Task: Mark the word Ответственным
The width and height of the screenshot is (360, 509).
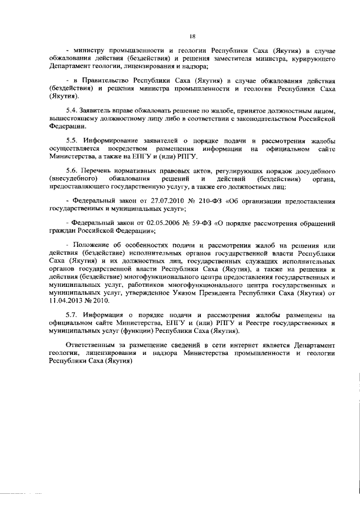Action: [x=93, y=344]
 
